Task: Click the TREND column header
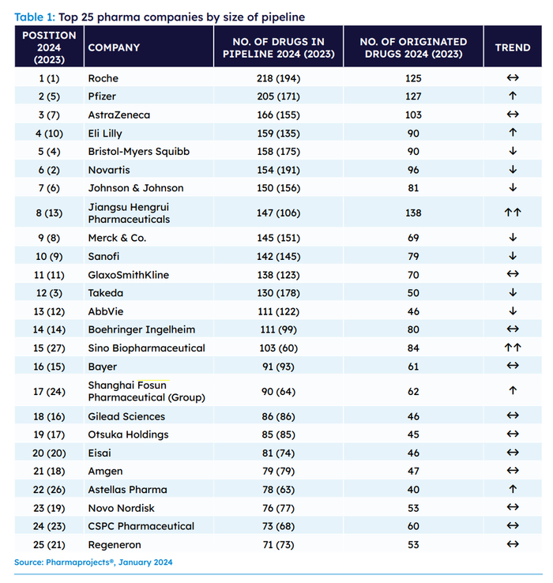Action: [x=512, y=47]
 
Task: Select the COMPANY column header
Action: [x=114, y=47]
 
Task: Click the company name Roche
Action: [x=103, y=78]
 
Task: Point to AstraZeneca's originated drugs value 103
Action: [x=412, y=115]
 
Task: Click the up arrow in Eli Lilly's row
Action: [x=513, y=133]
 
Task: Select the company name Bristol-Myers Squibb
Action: [x=138, y=151]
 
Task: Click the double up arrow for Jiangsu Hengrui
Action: [x=513, y=213]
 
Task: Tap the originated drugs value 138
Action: [x=412, y=213]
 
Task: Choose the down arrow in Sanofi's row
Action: [x=513, y=256]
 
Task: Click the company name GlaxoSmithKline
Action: [x=128, y=275]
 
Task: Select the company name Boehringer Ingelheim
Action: [x=141, y=329]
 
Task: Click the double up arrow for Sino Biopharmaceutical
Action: [x=513, y=348]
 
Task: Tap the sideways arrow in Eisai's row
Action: [x=513, y=453]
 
